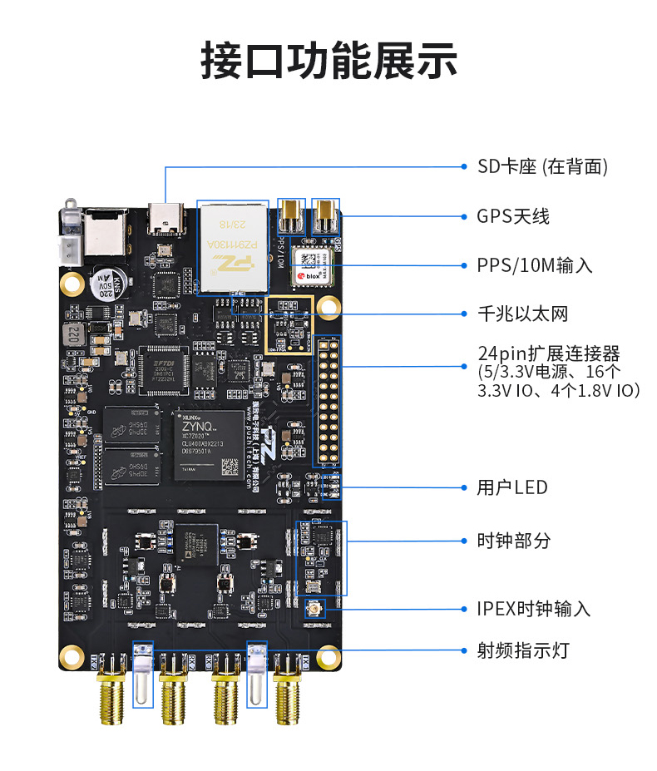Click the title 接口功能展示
(328, 61)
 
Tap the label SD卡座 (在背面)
(542, 166)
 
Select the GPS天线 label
(512, 216)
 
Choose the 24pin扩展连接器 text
(549, 353)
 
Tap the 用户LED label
(512, 487)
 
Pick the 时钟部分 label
(513, 541)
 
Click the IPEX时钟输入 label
(533, 609)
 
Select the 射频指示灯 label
(523, 650)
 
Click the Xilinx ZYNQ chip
(209, 445)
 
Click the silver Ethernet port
(232, 247)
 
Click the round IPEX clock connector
(314, 610)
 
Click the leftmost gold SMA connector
(110, 694)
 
